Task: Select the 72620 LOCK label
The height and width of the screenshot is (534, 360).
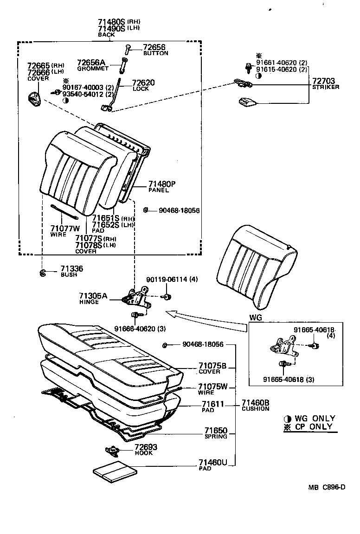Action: tap(143, 83)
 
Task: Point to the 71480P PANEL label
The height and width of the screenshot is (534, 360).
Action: tap(162, 184)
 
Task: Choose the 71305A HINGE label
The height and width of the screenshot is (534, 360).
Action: tap(93, 296)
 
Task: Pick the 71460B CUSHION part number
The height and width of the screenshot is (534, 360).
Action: tap(255, 403)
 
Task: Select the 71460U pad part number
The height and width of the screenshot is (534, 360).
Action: tap(212, 462)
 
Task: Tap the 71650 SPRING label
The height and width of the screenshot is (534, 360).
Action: tap(212, 431)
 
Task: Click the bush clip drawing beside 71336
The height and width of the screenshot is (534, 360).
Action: tap(42, 272)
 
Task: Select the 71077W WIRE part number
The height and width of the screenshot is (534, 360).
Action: tap(65, 228)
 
